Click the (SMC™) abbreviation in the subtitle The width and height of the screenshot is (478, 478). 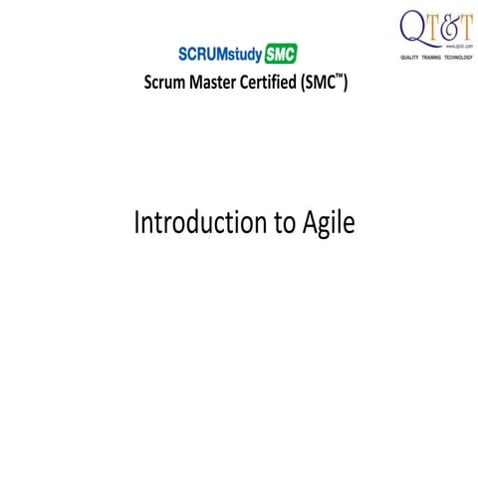pos(324,84)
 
